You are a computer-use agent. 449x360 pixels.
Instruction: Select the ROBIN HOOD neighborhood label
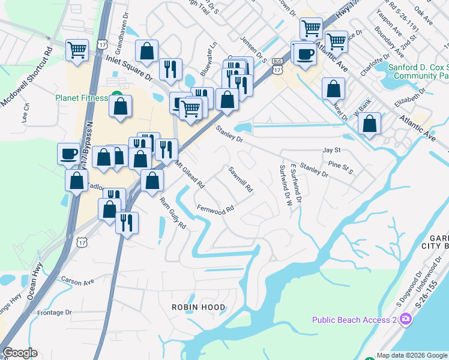(199, 307)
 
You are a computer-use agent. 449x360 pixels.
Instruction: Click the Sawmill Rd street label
(240, 179)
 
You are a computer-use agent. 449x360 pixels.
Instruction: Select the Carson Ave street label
(78, 280)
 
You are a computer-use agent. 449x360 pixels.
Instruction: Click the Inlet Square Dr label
(129, 65)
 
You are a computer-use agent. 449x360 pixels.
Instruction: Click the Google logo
(19, 353)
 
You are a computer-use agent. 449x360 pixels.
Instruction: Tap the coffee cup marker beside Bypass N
(68, 153)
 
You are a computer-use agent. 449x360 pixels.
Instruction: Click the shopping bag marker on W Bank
(370, 124)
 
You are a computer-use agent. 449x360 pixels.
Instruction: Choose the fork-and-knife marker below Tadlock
(127, 222)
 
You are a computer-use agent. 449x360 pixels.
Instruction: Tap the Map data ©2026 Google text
(412, 355)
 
